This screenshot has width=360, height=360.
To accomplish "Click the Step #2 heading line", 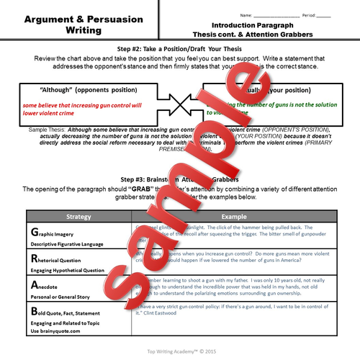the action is (x=180, y=49).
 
